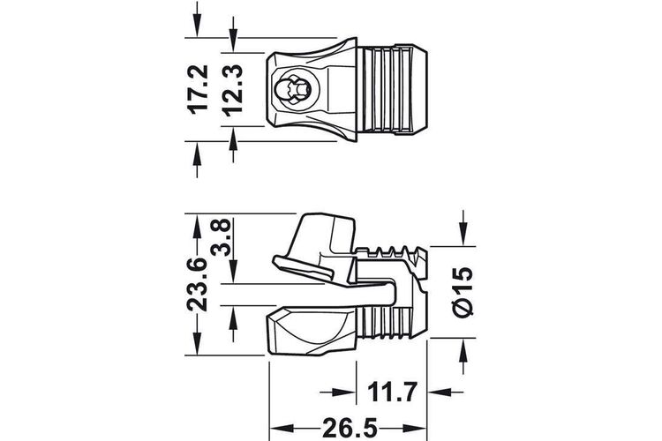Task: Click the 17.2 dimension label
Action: tap(198, 89)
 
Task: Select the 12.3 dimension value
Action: tap(233, 90)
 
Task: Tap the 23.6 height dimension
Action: tap(198, 284)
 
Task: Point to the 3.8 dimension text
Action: tap(222, 237)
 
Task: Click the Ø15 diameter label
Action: tap(463, 291)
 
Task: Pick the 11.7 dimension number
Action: tap(392, 392)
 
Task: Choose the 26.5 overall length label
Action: tap(350, 429)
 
